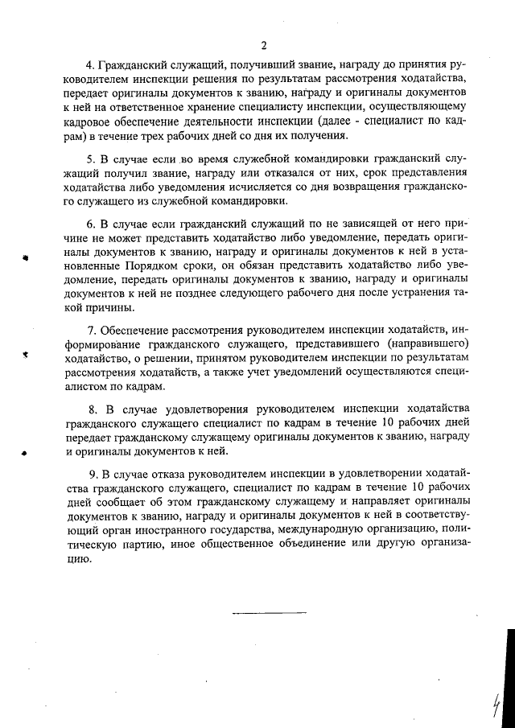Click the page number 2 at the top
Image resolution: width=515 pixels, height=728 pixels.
tap(263, 44)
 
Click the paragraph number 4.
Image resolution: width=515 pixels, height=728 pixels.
tap(89, 64)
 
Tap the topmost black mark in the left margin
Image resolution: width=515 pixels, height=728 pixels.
tap(26, 259)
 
